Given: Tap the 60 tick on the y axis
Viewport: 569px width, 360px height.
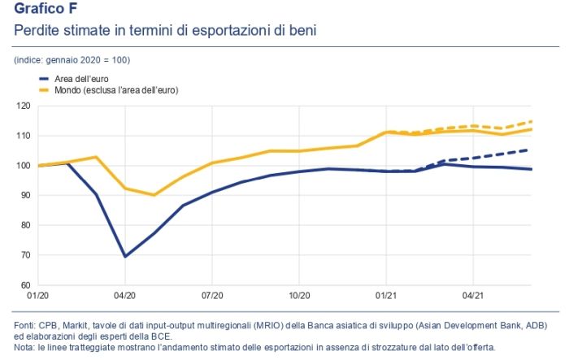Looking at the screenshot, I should (25, 285).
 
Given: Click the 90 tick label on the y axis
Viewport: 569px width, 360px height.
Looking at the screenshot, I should (25, 196).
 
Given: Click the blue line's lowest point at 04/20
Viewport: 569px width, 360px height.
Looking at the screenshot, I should (124, 256).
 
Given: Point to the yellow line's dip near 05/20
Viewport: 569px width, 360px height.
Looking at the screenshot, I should (154, 195).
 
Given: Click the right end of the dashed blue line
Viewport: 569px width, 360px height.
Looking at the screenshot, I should (531, 150).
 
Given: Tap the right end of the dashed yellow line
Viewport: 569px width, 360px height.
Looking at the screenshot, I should (531, 121).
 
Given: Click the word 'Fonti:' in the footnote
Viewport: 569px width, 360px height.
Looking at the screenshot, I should (27, 325).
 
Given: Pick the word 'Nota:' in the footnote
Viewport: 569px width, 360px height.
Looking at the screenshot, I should (26, 347).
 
